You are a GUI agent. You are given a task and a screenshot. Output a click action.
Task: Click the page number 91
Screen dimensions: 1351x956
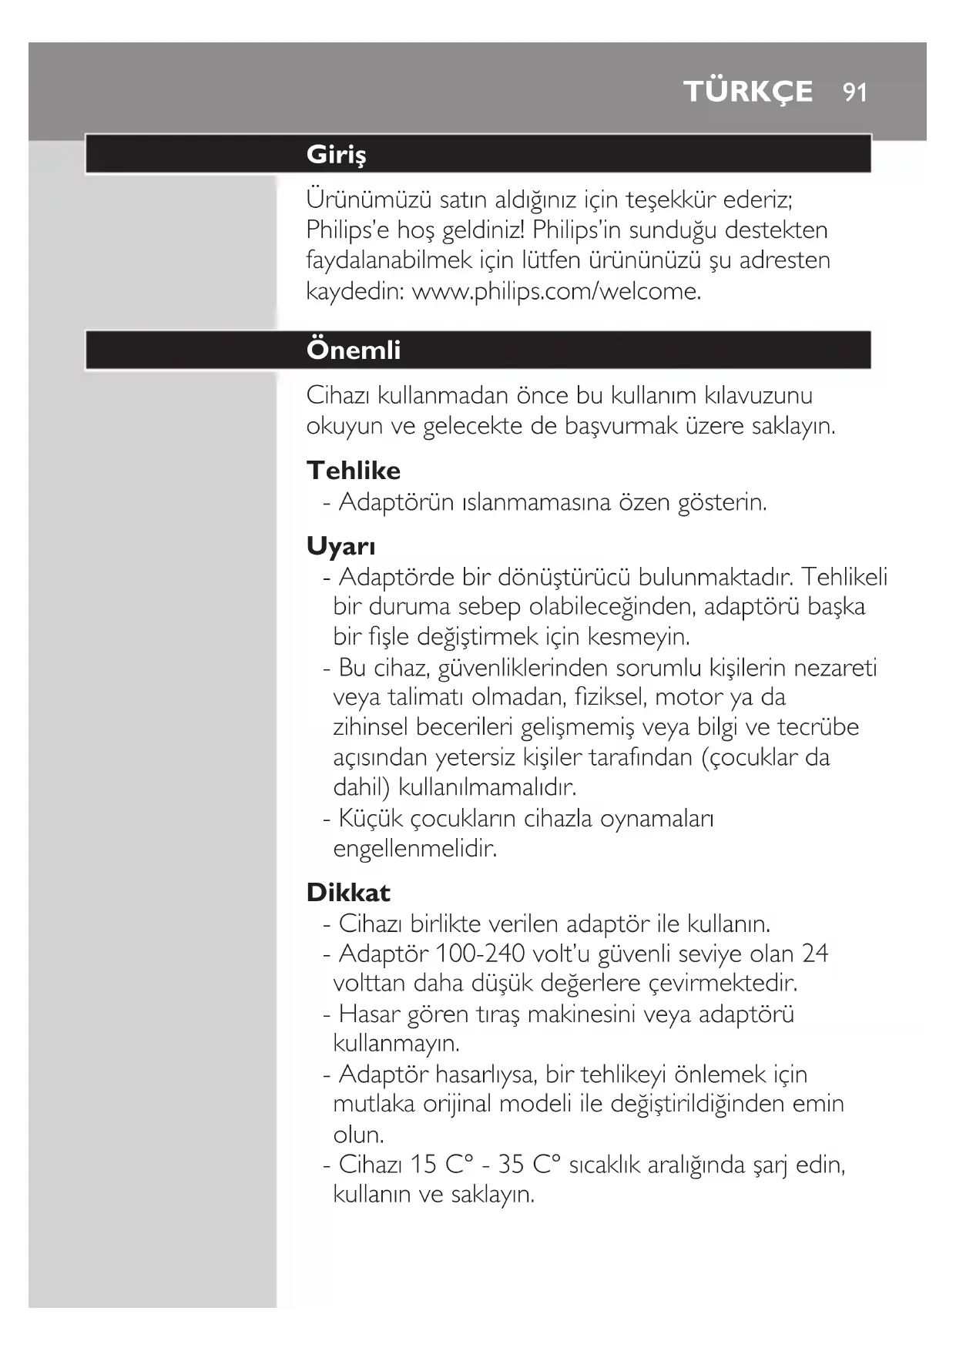pyautogui.click(x=855, y=92)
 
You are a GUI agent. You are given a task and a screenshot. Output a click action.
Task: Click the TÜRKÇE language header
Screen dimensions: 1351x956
pyautogui.click(x=748, y=92)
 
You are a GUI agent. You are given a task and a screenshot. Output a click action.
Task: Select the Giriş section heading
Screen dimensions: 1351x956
pyautogui.click(x=337, y=154)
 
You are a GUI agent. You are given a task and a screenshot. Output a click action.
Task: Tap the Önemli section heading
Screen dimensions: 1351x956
pyautogui.click(x=354, y=350)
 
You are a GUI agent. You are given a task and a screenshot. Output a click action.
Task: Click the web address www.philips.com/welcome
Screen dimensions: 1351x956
pyautogui.click(x=556, y=292)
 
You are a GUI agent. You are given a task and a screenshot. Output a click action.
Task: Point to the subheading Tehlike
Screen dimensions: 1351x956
pyautogui.click(x=354, y=471)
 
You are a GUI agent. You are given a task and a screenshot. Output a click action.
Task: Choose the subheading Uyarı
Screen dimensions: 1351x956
pyautogui.click(x=341, y=546)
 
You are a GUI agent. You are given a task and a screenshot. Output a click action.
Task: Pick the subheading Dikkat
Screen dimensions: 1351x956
pyautogui.click(x=348, y=893)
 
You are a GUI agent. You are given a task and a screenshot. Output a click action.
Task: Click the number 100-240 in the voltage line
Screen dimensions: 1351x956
pyautogui.click(x=480, y=954)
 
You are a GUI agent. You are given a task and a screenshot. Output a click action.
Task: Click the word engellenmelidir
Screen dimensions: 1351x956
pyautogui.click(x=415, y=849)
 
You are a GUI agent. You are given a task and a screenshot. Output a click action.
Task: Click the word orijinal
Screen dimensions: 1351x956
pyautogui.click(x=458, y=1104)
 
